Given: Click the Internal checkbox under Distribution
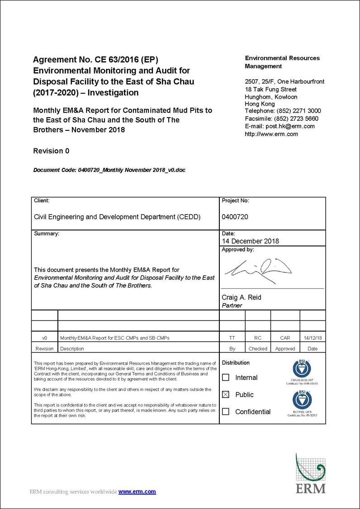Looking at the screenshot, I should coord(226,377).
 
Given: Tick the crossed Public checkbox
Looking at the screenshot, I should coord(226,395).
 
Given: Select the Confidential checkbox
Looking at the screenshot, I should coord(226,412).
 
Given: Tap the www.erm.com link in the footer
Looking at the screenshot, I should coord(137,491).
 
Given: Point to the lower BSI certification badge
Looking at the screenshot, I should coord(302,400).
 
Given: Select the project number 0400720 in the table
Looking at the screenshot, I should coord(235,217).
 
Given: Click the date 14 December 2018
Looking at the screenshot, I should coord(250,241).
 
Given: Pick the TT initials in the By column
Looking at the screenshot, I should coord(232,338).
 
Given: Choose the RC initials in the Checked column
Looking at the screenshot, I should coord(258,338).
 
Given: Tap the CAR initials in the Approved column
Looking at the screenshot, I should coord(285,338).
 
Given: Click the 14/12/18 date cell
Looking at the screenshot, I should coord(313,338).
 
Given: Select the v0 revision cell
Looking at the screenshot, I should coord(44,338).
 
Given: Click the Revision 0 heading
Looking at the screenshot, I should coord(51,151).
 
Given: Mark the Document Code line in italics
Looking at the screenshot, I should coord(109,170).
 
